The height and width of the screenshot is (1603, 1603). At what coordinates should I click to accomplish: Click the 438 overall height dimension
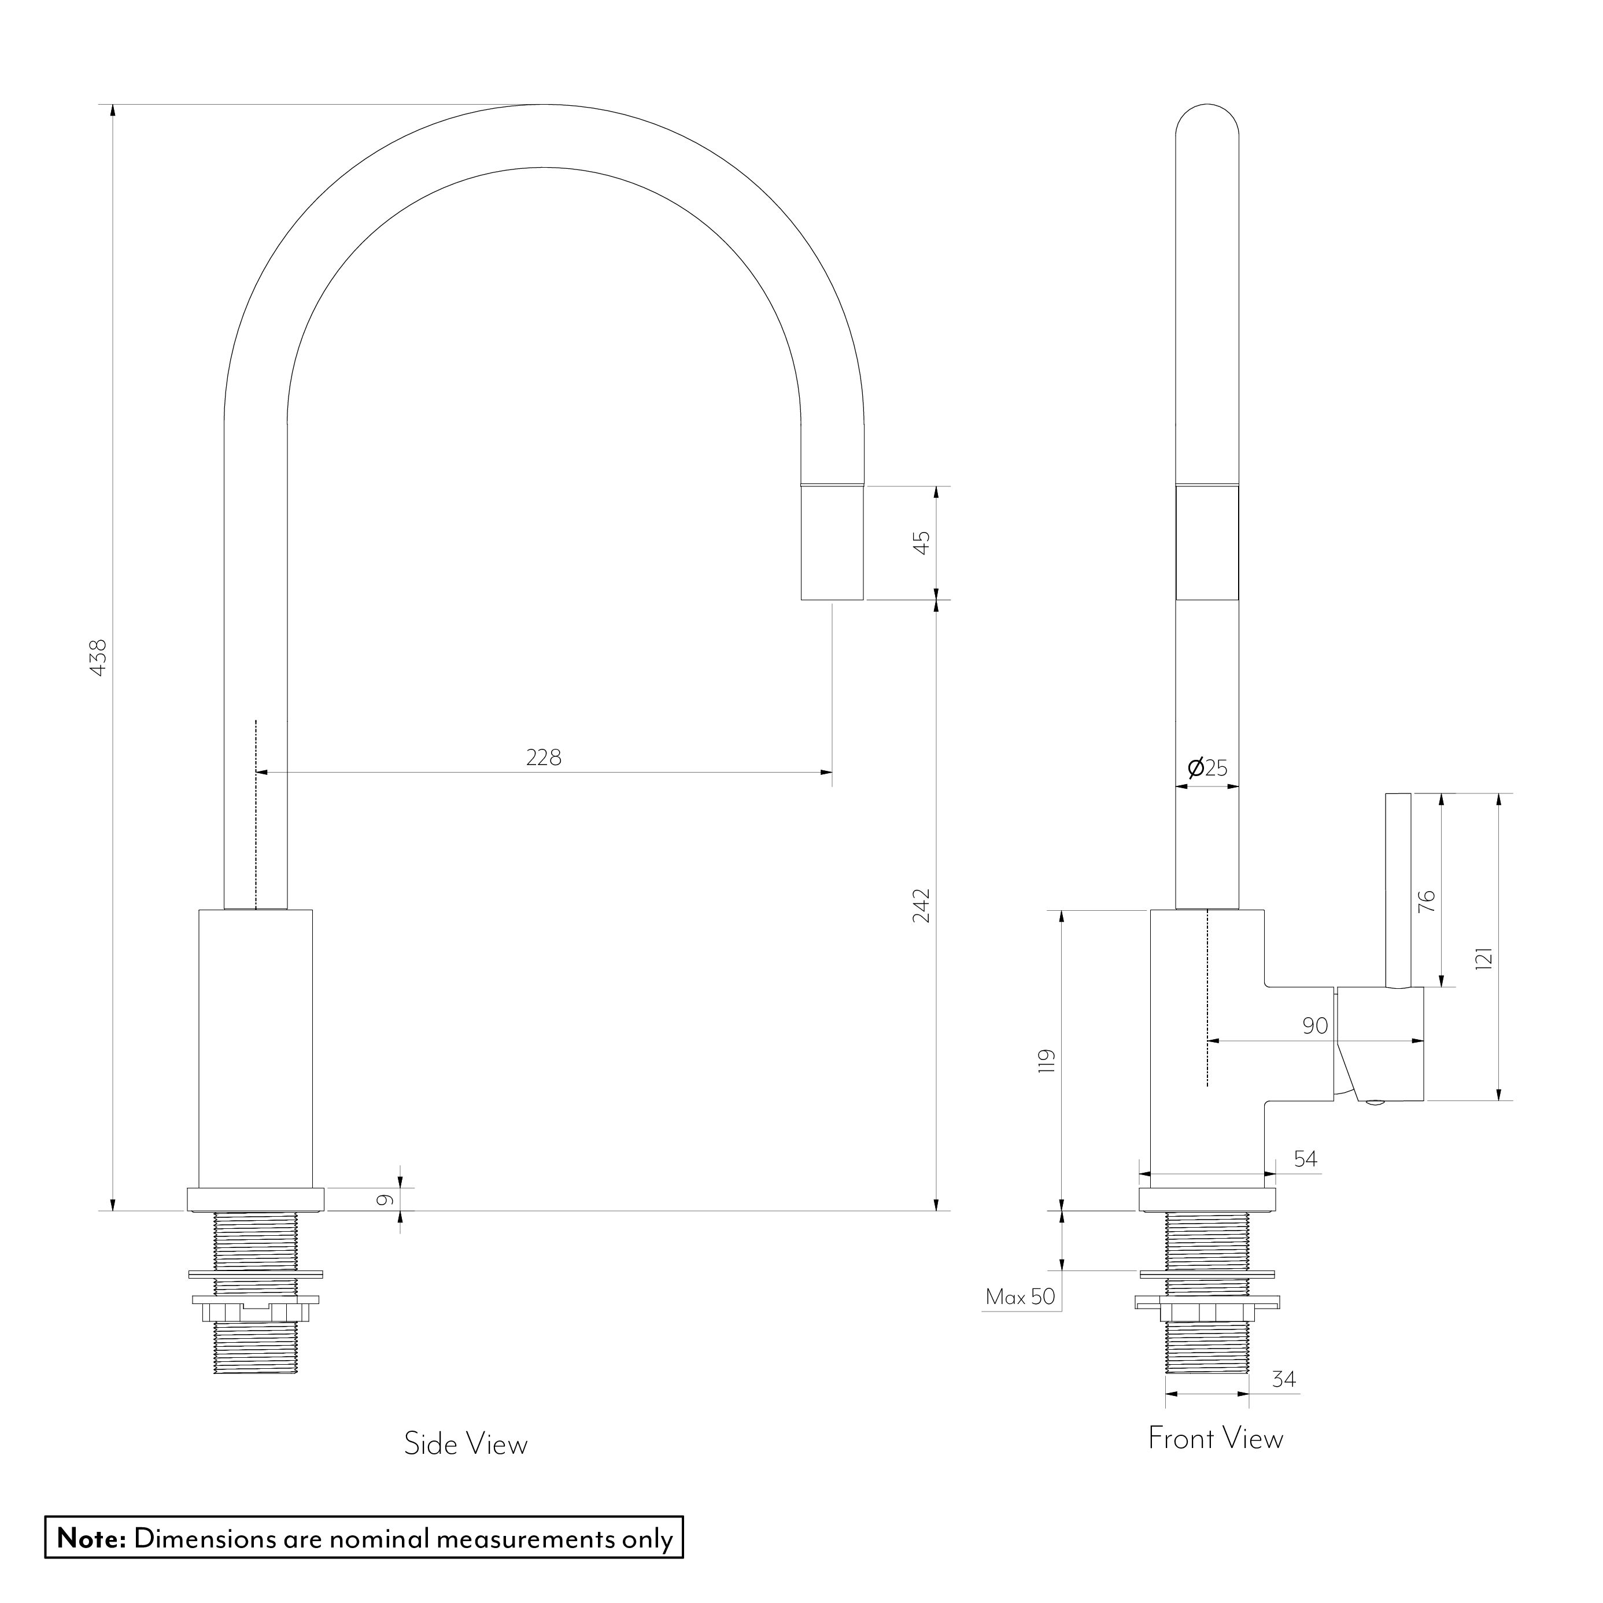click(x=98, y=656)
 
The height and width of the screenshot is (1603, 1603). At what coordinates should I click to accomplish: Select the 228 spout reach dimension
click(x=544, y=757)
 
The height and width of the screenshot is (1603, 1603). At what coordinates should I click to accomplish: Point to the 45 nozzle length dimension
click(x=922, y=542)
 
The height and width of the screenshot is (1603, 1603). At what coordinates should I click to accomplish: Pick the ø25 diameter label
click(x=1207, y=767)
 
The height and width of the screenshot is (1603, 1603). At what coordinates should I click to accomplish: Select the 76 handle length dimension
click(x=1426, y=900)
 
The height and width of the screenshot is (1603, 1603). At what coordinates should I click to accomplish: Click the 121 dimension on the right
click(x=1484, y=958)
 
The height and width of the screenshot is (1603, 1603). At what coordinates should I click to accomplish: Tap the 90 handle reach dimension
click(x=1314, y=1025)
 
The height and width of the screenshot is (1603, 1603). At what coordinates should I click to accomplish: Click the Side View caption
click(x=466, y=1444)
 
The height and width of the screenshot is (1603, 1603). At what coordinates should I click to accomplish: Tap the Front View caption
click(x=1216, y=1438)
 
